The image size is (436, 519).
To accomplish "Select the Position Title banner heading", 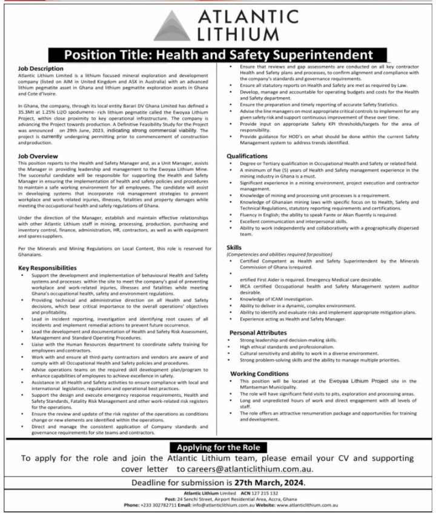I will click(x=218, y=56).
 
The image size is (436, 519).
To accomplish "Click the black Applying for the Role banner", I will click(x=218, y=447).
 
